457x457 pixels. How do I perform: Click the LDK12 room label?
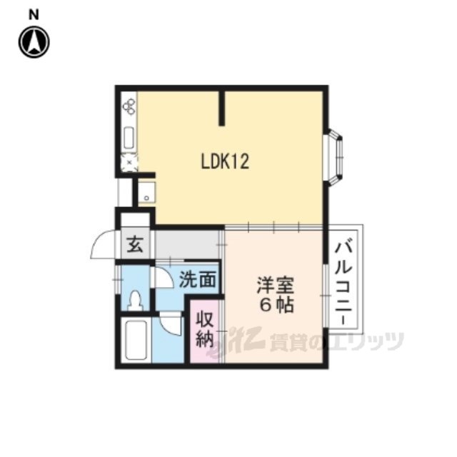pyautogui.click(x=225, y=161)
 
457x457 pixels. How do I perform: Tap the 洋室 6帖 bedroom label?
pyautogui.click(x=276, y=295)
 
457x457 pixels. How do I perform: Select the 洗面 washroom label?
pyautogui.click(x=198, y=279)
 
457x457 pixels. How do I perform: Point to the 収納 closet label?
pyautogui.click(x=205, y=329)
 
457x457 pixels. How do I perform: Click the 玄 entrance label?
pyautogui.click(x=135, y=244)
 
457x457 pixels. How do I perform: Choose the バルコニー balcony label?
pyautogui.click(x=343, y=283)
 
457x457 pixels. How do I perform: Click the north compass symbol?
pyautogui.click(x=34, y=42)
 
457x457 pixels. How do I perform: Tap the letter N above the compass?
pyautogui.click(x=34, y=14)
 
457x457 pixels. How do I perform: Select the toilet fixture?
pyautogui.click(x=135, y=300)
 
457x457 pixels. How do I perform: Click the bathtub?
pyautogui.click(x=136, y=340)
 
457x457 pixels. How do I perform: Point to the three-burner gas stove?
pyautogui.click(x=129, y=106)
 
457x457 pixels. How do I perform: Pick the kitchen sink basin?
pyautogui.click(x=129, y=138)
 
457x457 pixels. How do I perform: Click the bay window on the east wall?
pyautogui.click(x=334, y=157)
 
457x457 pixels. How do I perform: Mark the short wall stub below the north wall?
pyautogui.click(x=222, y=109)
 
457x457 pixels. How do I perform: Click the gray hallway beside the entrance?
pyautogui.click(x=187, y=244)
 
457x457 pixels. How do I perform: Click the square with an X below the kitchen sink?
pyautogui.click(x=129, y=162)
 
